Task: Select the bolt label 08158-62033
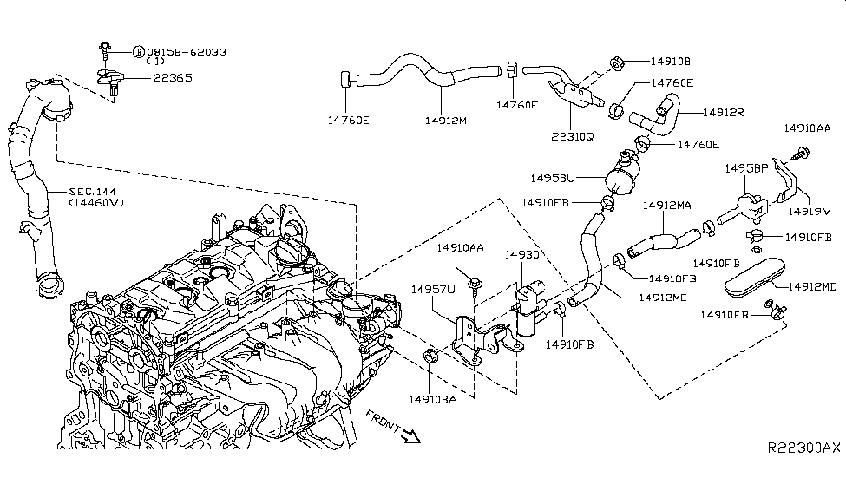coord(187,52)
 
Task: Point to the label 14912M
coord(446,121)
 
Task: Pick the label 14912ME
coord(663,298)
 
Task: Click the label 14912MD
coord(812,286)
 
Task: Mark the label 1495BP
coord(746,167)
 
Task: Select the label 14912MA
coord(666,206)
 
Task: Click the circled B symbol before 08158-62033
coord(138,52)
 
